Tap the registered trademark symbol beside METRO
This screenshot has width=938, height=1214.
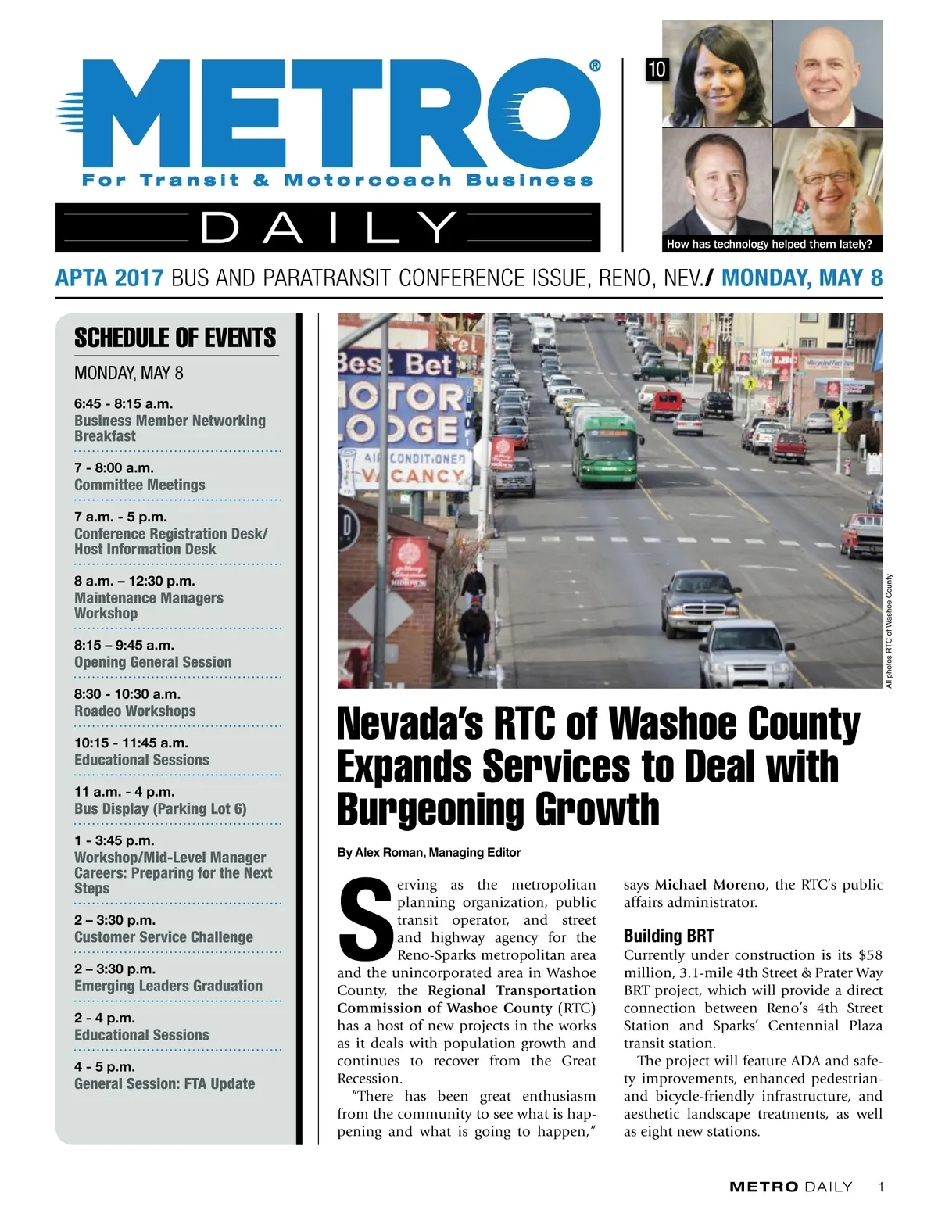[x=595, y=66]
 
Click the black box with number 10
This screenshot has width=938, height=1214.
[x=657, y=70]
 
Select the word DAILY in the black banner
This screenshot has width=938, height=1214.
[x=328, y=227]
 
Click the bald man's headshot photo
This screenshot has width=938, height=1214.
[x=827, y=74]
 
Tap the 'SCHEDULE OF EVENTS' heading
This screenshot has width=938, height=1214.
[x=175, y=338]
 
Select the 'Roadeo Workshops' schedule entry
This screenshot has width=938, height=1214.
[x=135, y=711]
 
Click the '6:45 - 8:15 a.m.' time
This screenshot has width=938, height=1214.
[x=124, y=404]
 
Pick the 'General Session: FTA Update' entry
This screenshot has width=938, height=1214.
[x=165, y=1083]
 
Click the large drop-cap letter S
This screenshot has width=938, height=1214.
[x=365, y=919]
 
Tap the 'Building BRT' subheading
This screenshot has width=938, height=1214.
[x=668, y=936]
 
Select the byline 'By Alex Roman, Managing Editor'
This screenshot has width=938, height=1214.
[x=428, y=852]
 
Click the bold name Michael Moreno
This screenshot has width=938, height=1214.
[x=710, y=885]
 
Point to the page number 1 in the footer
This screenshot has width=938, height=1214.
[x=881, y=1187]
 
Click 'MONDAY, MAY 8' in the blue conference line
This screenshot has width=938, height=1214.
[x=801, y=278]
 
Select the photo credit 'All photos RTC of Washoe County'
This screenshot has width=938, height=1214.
[x=889, y=632]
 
